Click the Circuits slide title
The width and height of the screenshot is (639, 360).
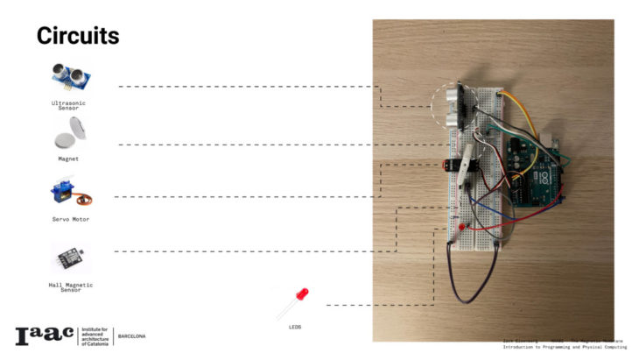[x=77, y=36]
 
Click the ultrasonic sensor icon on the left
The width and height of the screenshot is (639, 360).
[x=73, y=77]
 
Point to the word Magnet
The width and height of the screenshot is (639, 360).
[x=68, y=159]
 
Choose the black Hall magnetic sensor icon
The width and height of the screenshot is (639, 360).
[x=70, y=257]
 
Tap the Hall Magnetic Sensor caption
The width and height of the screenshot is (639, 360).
[x=70, y=286]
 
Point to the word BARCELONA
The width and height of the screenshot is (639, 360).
[x=131, y=336]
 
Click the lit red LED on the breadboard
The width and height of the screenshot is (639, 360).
[x=460, y=227]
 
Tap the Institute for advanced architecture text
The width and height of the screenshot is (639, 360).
[x=95, y=336]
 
